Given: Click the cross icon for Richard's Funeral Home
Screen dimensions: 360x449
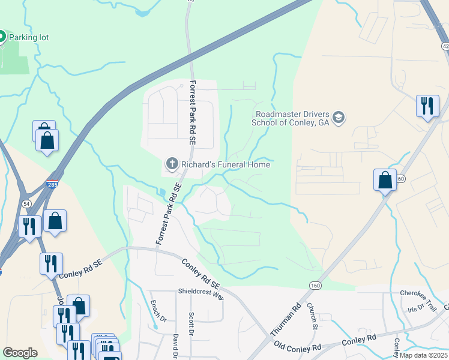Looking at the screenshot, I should point(172,163).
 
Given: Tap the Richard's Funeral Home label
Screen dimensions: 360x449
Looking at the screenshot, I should point(225,164).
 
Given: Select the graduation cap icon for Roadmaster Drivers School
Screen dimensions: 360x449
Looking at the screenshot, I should point(339,117).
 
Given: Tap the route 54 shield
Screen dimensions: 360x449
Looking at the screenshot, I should point(27,205).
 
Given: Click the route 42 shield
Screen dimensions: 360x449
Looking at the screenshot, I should point(445,46).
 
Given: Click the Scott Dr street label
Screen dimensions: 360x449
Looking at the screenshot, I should point(191,324).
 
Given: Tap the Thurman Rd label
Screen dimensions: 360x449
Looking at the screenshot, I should point(285,319).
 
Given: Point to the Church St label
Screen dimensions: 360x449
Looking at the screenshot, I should point(312,316).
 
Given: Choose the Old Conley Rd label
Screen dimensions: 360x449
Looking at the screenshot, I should point(298,347).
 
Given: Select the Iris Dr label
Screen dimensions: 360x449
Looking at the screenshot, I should point(415,308).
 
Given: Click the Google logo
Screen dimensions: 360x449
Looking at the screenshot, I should point(20,353).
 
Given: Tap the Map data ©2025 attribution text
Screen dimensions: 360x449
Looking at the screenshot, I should point(424,355).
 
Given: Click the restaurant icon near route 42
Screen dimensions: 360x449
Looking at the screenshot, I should point(427,106).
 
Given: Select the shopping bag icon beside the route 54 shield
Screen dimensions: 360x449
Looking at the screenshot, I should point(55,221).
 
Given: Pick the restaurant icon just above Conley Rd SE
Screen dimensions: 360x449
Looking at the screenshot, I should point(51,263).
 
